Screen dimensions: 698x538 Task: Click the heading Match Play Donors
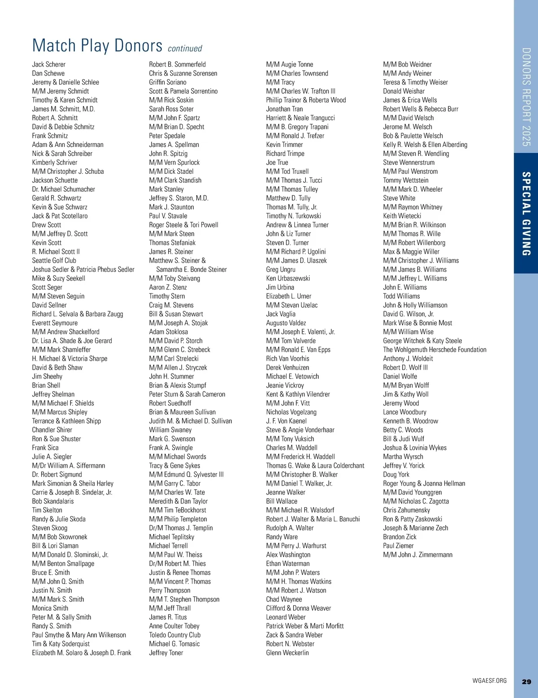[x=97, y=46]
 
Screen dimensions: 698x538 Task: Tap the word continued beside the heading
[x=185, y=48]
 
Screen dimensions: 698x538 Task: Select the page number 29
[x=526, y=681]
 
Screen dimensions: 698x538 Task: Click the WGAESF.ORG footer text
[x=489, y=681]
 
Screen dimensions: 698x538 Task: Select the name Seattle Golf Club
[x=54, y=260]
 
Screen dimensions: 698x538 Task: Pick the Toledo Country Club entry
[x=175, y=635]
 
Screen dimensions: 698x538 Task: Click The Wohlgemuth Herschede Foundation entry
[x=434, y=349]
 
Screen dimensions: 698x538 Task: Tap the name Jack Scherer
[x=48, y=65]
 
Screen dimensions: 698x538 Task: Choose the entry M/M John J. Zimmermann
[x=417, y=555]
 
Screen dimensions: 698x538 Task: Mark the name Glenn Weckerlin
[x=287, y=653]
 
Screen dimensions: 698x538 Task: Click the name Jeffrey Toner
[x=166, y=653]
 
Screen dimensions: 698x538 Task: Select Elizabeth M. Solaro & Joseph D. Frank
[x=82, y=653]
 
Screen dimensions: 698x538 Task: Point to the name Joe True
[x=277, y=162]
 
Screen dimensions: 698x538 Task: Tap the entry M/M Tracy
[x=280, y=82]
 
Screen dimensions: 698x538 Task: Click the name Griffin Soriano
[x=168, y=82]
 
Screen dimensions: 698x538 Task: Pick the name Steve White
[x=399, y=198]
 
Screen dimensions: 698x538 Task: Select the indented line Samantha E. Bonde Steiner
[x=191, y=269]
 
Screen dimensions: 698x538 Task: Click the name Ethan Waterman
[x=288, y=564]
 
